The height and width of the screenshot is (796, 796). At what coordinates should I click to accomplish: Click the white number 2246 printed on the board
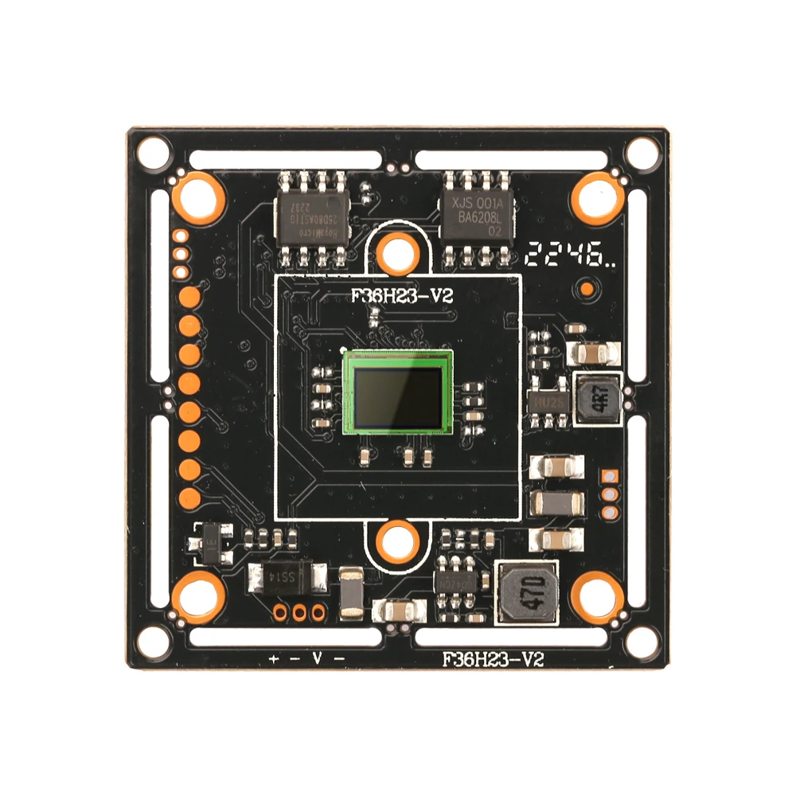(568, 256)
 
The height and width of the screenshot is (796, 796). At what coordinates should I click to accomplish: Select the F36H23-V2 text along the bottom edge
(493, 659)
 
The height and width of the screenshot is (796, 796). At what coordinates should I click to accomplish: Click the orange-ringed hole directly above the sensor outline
(396, 254)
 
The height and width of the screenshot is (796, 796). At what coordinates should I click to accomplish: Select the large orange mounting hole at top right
(597, 196)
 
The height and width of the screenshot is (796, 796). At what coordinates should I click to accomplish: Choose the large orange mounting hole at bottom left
(197, 597)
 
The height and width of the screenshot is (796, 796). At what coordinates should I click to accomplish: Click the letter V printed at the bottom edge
(316, 659)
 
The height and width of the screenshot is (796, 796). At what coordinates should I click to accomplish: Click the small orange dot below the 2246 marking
(587, 288)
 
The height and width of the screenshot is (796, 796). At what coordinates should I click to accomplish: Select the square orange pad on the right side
(610, 475)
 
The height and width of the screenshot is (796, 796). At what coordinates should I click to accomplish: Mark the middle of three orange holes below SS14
(299, 612)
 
